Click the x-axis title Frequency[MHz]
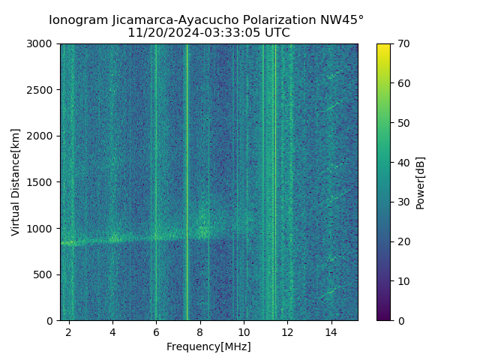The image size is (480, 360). pyautogui.click(x=208, y=346)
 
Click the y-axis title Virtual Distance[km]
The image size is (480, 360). pyautogui.click(x=16, y=182)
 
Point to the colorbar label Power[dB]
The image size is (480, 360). pyautogui.click(x=421, y=182)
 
